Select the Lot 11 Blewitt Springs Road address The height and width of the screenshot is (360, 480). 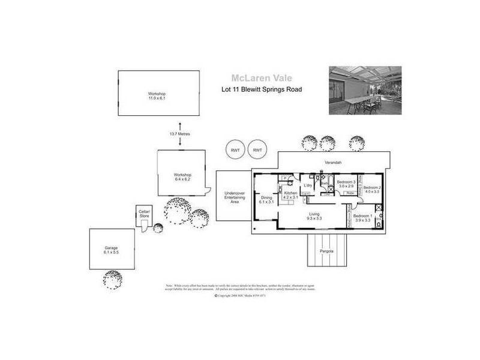pos(261,90)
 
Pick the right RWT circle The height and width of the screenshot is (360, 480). pos(258,150)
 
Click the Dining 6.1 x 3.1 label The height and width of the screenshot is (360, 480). pos(266,200)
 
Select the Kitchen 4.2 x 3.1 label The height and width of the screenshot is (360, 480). pos(290,195)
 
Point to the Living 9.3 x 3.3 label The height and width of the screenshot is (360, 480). pos(315,216)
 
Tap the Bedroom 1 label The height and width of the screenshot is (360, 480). pos(362,218)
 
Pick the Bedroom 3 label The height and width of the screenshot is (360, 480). pos(346,184)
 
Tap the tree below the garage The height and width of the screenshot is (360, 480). pos(112,279)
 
